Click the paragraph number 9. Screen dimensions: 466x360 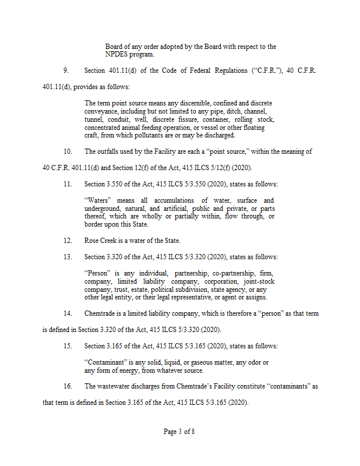(66, 70)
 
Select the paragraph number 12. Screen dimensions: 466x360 (68, 241)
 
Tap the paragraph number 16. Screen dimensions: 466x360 (68, 386)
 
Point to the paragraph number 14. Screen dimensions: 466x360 (68, 313)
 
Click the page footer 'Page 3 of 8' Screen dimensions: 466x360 (179, 432)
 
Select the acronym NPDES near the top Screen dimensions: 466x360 (117, 54)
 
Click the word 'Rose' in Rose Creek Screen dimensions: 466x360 (91, 241)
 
